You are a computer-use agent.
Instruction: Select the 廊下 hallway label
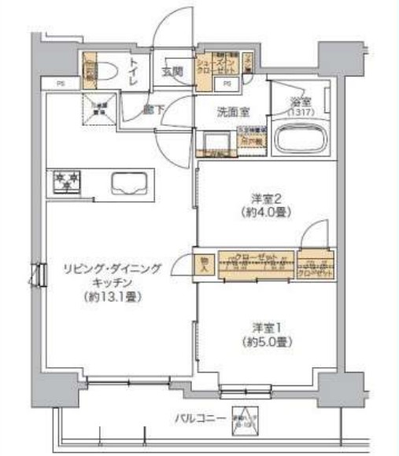(x=154, y=111)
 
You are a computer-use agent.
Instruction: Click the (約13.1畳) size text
(x=111, y=297)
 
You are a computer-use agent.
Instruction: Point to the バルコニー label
(x=202, y=417)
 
